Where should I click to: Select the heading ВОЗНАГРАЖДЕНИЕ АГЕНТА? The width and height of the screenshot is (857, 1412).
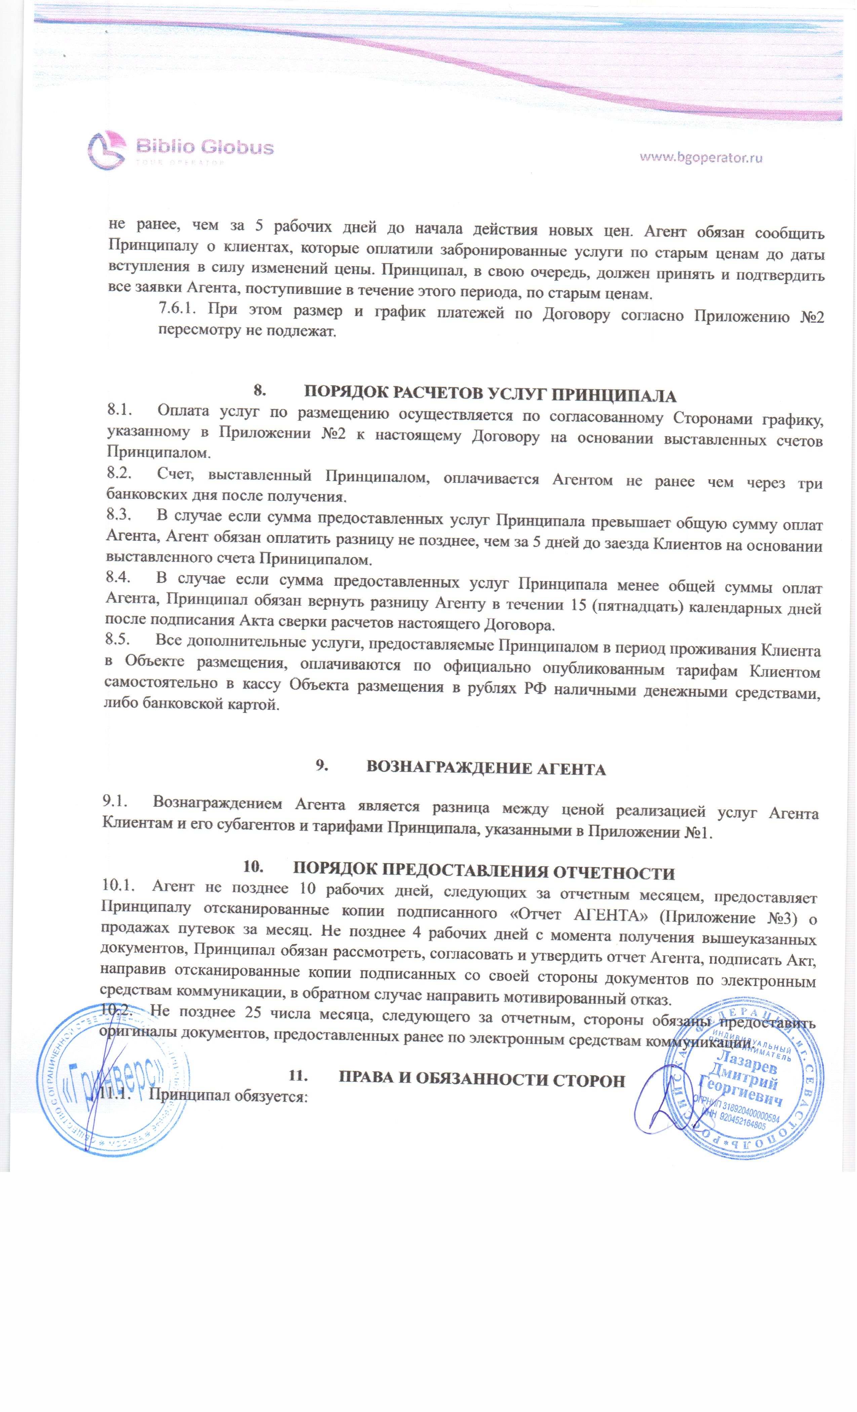[x=486, y=768]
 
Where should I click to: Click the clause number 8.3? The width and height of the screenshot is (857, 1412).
[x=119, y=515]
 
